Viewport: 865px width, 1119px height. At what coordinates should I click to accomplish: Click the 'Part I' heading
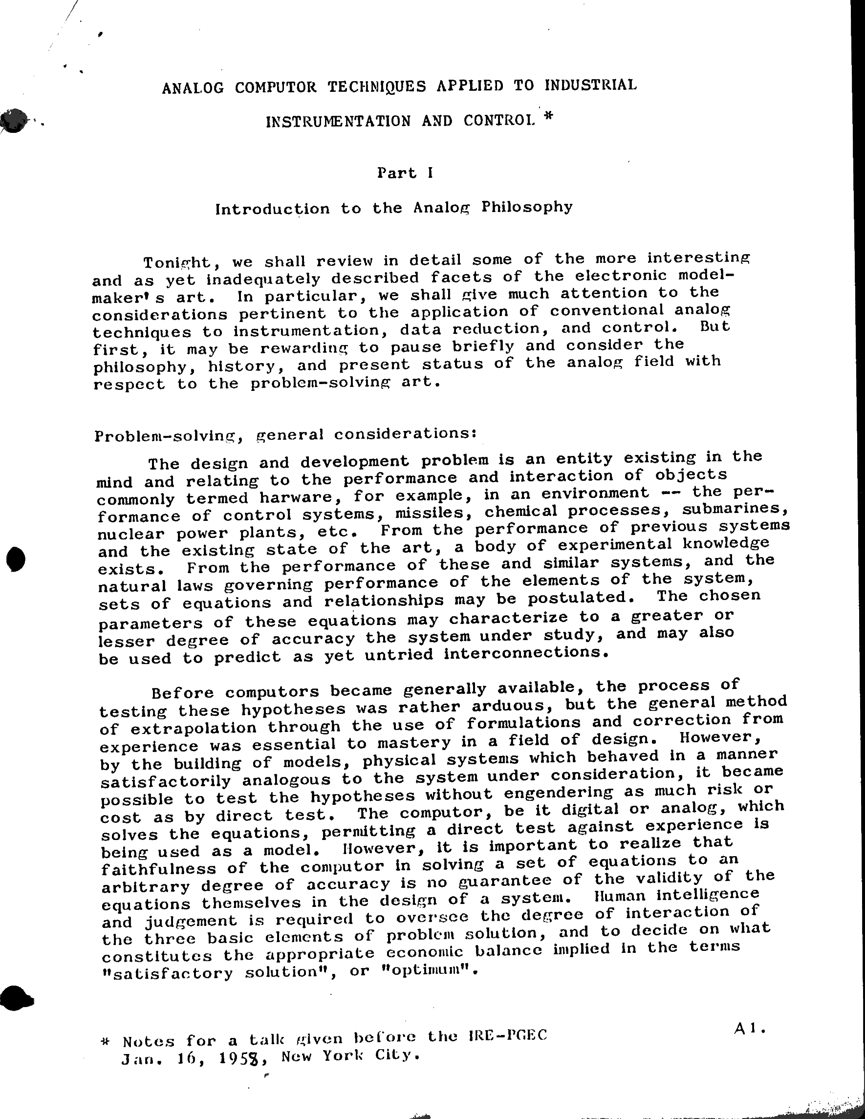405,172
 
